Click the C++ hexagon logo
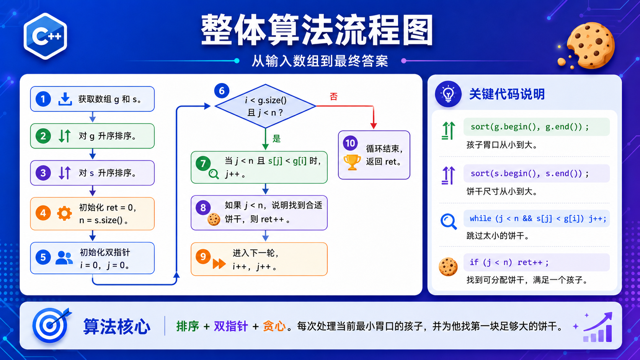tap(45, 36)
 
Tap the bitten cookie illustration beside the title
tap(589, 46)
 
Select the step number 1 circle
tap(43, 99)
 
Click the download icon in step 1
tap(65, 99)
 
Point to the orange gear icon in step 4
tap(64, 213)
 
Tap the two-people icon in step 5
tap(64, 258)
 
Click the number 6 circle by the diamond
tap(222, 91)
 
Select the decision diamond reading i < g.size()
tap(265, 106)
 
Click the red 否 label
tap(333, 96)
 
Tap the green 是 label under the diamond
tap(277, 139)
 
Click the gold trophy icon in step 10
tap(352, 162)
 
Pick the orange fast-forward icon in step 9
tap(219, 264)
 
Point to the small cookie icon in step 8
tap(214, 220)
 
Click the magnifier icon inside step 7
tap(214, 174)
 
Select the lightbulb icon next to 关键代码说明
tap(448, 94)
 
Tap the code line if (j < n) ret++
tap(509, 262)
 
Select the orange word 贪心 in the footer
tap(274, 326)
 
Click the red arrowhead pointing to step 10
tap(374, 126)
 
